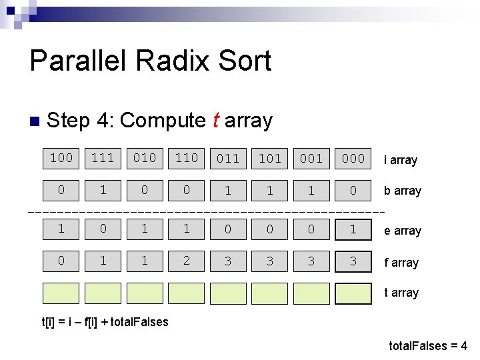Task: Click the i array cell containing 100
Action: click(61, 158)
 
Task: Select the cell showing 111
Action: click(103, 158)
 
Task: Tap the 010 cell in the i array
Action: click(145, 158)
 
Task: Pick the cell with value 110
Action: click(187, 158)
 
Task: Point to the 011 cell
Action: click(228, 159)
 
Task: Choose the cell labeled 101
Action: click(269, 159)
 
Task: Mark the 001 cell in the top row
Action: click(311, 159)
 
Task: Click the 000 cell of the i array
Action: click(353, 159)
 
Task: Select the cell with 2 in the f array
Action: click(187, 261)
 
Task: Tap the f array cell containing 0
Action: click(61, 261)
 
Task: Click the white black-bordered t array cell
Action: click(353, 293)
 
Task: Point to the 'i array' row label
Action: click(401, 160)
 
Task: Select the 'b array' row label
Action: click(403, 191)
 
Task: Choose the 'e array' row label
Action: click(403, 231)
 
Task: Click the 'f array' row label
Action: click(401, 263)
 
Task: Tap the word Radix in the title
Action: click(168, 61)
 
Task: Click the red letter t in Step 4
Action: click(215, 121)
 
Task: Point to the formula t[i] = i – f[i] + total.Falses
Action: click(105, 322)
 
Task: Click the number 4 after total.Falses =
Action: click(463, 346)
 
